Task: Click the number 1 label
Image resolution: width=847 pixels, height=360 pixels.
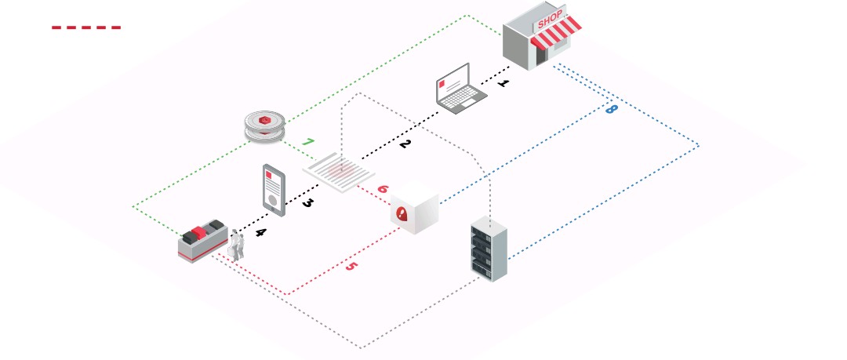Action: coord(503,82)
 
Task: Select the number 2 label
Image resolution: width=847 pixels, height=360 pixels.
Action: coord(405,144)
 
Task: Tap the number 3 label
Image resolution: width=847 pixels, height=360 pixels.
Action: coord(307,203)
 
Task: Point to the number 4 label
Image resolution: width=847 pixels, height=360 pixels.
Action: coord(260,232)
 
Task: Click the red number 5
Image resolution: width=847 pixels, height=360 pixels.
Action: coord(351,267)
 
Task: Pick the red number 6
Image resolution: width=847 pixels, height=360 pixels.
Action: coord(382,189)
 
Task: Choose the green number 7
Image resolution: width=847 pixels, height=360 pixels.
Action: coord(308,143)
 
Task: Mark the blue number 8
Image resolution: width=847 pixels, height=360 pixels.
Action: coord(611,109)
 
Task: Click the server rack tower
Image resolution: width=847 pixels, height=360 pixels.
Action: coord(489,250)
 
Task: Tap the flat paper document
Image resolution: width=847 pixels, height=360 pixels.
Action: coord(339,172)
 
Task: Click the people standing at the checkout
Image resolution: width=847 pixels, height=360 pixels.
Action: coord(237,245)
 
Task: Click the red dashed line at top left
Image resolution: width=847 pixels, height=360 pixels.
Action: coord(86,27)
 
